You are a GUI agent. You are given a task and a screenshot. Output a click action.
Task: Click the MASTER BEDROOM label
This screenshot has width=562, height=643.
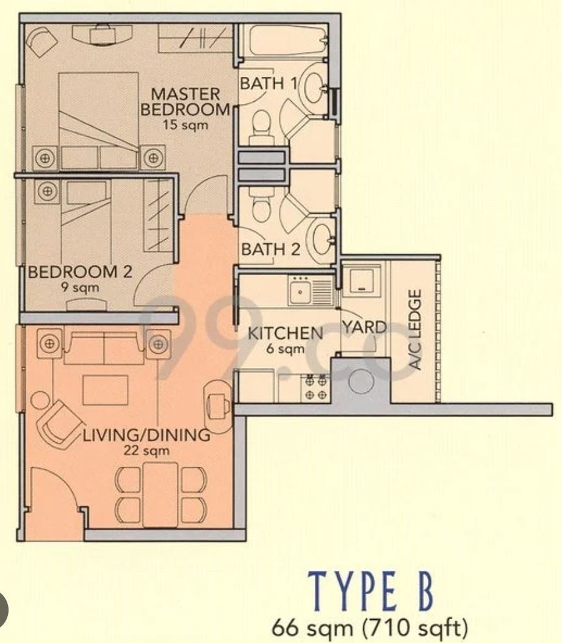185,102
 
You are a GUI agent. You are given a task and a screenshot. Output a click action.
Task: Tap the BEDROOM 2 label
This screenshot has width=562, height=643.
80,272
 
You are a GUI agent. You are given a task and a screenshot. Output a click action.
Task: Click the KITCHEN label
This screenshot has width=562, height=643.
285,333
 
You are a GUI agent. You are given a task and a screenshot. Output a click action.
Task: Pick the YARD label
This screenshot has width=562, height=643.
364,328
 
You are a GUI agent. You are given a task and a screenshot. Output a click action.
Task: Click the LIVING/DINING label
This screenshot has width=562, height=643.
146,436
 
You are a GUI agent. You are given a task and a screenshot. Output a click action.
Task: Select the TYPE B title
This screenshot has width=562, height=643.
372,591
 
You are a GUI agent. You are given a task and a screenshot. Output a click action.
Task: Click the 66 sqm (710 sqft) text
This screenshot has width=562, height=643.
373,627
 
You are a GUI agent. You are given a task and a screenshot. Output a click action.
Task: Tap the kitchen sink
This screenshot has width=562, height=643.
301,293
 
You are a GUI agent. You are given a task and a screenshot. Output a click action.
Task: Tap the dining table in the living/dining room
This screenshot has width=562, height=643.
160,494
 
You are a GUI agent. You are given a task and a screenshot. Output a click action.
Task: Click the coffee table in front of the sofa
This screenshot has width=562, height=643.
105,390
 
